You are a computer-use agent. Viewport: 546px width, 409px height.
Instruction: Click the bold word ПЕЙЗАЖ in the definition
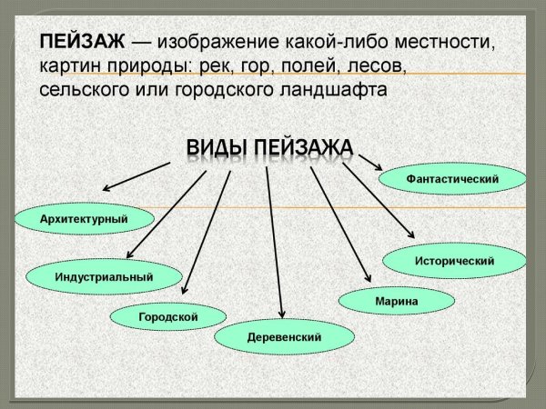80,44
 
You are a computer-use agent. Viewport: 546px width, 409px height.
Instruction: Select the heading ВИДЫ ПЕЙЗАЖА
269,147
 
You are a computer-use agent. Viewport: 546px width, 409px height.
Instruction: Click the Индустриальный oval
104,275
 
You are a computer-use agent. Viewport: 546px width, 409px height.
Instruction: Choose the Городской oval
168,316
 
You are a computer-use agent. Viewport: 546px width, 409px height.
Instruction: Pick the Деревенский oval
284,336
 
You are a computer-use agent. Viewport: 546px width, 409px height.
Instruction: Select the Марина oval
396,299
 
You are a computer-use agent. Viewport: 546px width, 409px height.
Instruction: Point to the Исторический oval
454,261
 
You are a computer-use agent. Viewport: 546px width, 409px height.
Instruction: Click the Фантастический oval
452,179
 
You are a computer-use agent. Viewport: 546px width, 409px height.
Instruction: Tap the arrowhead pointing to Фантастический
377,170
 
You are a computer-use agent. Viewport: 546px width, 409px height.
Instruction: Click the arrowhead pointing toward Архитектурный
106,188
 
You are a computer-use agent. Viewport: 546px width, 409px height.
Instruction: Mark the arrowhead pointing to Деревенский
281,315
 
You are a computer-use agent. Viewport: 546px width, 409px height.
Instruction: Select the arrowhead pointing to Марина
369,279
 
